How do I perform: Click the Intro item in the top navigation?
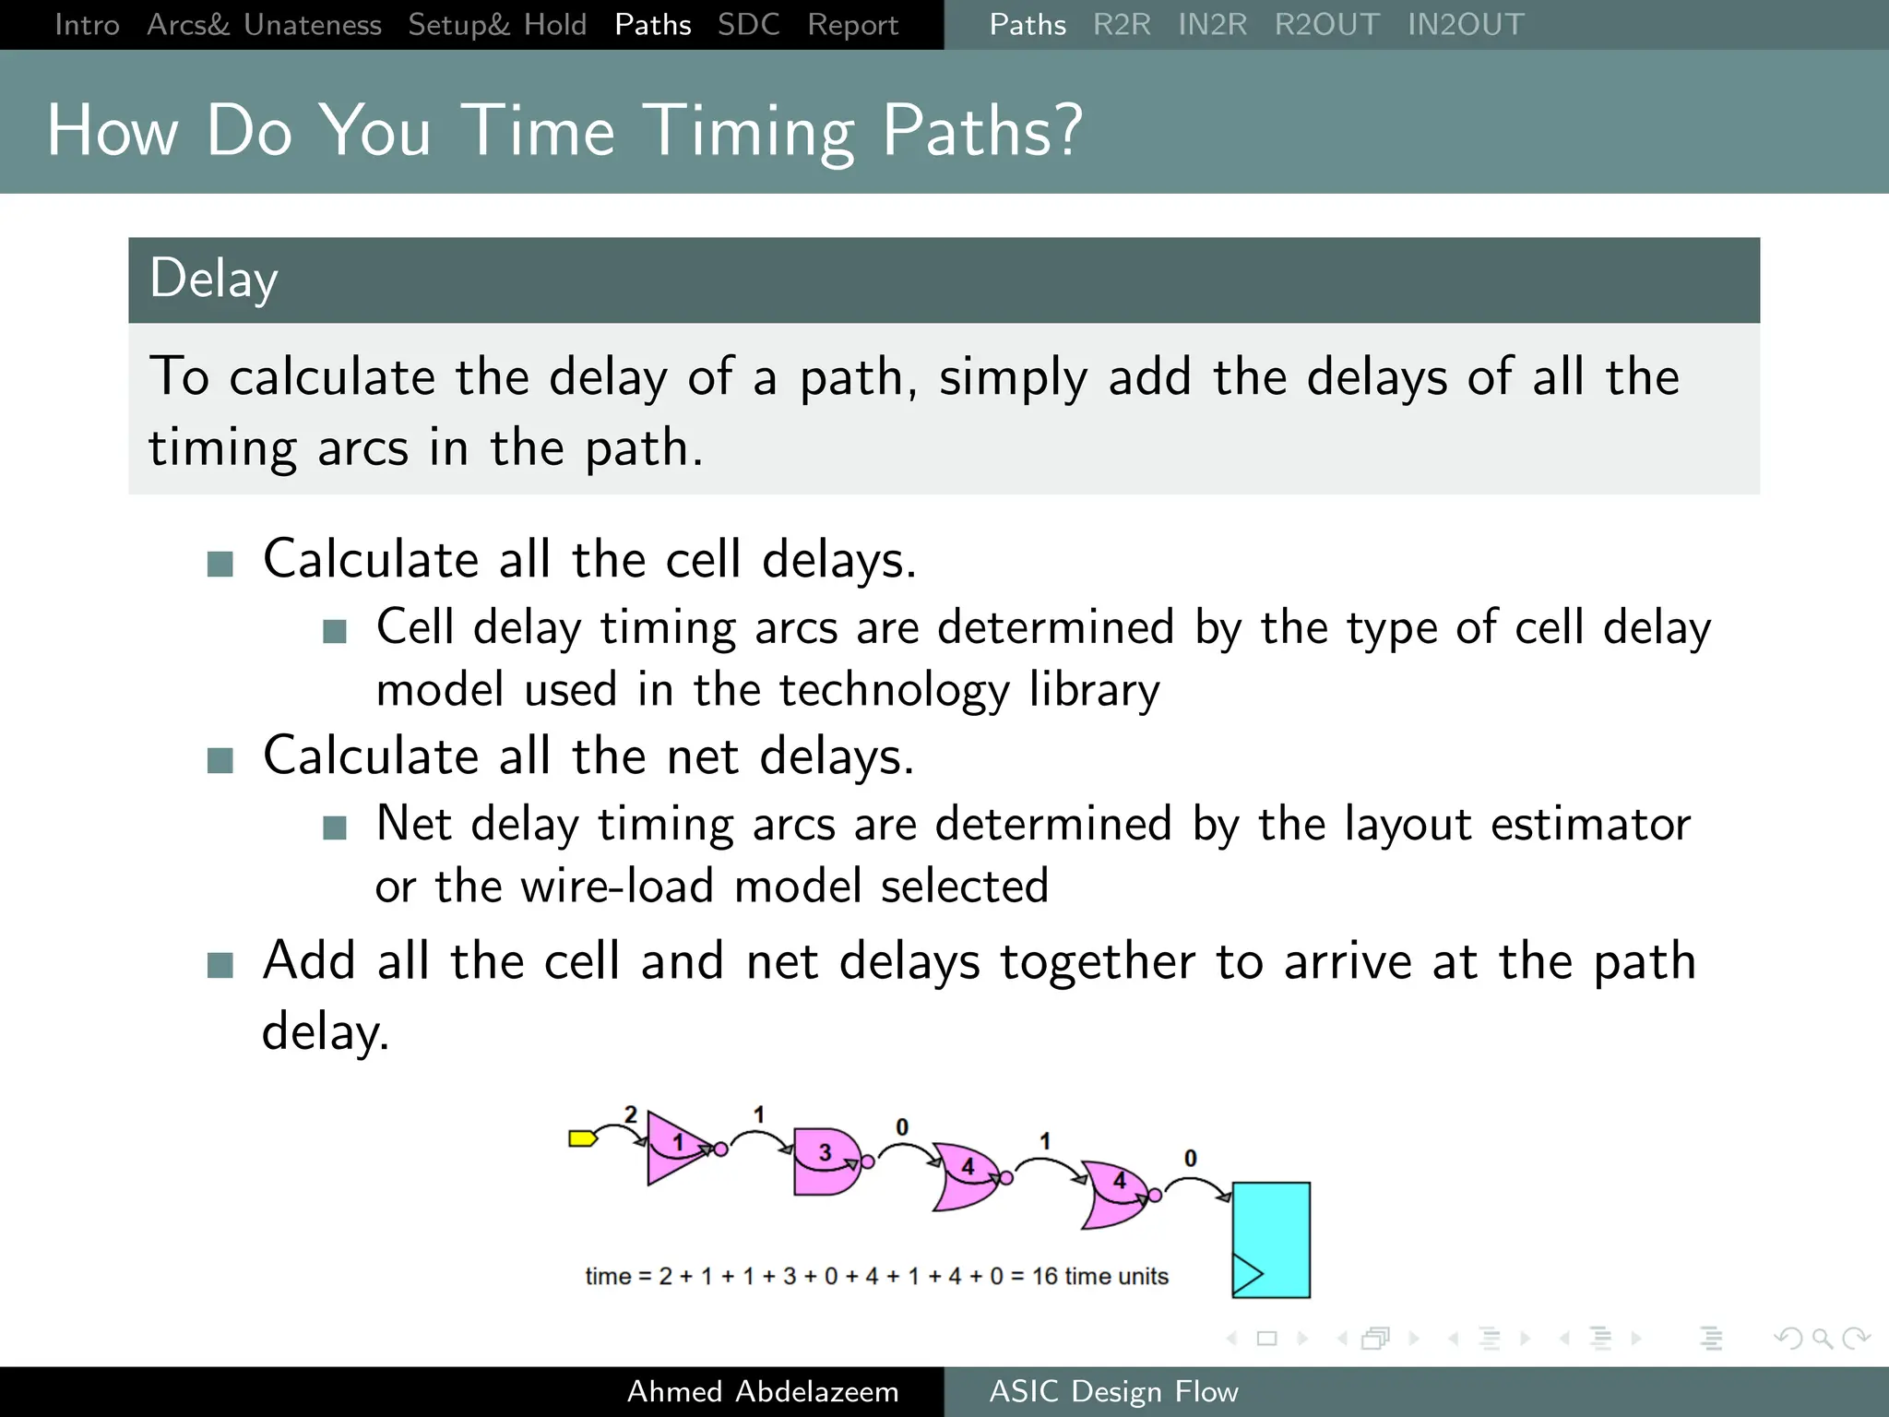[x=87, y=25]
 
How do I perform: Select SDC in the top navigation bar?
[x=748, y=25]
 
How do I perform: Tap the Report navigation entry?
[x=852, y=25]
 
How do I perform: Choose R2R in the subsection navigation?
[x=1122, y=25]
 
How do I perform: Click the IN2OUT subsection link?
[x=1466, y=25]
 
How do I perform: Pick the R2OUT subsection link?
[x=1326, y=25]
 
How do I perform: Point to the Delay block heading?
[x=214, y=280]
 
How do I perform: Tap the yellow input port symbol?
[x=582, y=1138]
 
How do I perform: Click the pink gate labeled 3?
[x=825, y=1161]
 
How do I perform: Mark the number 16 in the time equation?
[x=1044, y=1276]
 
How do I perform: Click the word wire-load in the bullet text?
[x=618, y=887]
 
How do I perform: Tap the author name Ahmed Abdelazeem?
[x=763, y=1391]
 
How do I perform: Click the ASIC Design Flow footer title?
[x=1113, y=1391]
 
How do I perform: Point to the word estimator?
[x=1590, y=824]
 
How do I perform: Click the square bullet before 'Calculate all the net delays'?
[x=220, y=760]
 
